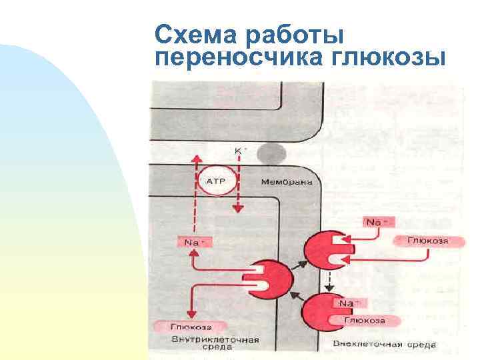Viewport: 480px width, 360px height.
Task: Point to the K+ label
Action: pyautogui.click(x=238, y=151)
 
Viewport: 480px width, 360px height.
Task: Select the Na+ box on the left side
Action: pyautogui.click(x=194, y=243)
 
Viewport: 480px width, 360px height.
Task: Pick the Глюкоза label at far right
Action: pyautogui.click(x=429, y=241)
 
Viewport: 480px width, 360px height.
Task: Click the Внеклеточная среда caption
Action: pyautogui.click(x=385, y=345)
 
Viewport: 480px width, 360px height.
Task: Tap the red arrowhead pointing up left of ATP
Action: pyautogui.click(x=195, y=158)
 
